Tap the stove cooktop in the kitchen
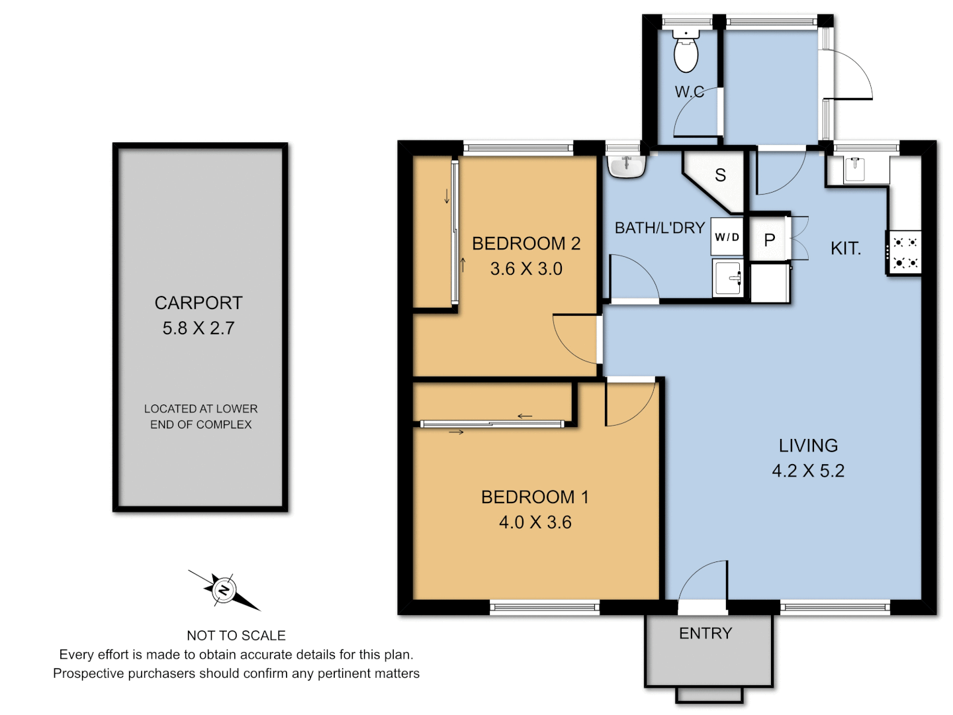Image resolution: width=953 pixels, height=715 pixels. click(904, 252)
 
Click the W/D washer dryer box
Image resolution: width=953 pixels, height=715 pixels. click(727, 237)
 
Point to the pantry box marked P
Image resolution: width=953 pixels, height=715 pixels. click(769, 240)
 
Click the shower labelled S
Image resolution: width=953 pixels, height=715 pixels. click(719, 175)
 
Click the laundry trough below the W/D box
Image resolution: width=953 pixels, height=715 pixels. click(727, 277)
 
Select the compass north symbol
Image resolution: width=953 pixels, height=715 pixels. click(224, 590)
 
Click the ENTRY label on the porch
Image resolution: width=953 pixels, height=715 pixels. click(705, 634)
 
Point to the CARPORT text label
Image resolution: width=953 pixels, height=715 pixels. click(199, 303)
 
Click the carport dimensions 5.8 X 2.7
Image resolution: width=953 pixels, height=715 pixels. click(199, 328)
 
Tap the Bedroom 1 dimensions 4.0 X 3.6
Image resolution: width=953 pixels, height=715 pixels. click(535, 522)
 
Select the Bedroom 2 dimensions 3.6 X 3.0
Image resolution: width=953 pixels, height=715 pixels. click(526, 269)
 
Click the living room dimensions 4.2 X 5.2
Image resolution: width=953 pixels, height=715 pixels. click(808, 471)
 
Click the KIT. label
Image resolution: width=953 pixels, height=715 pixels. click(845, 249)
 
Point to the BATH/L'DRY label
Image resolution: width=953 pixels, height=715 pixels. click(659, 228)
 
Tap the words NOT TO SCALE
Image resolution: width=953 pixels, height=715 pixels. click(236, 636)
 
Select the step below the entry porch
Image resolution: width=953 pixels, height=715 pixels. click(709, 695)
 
